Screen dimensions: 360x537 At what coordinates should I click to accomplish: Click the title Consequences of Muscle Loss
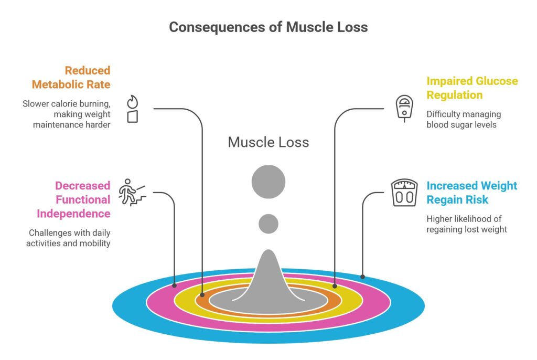tap(268, 27)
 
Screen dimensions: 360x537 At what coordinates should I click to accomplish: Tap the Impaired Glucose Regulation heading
tap(472, 88)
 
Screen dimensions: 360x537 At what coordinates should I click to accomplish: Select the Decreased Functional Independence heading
tap(73, 200)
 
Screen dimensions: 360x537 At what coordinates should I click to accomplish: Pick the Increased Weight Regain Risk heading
tap(471, 193)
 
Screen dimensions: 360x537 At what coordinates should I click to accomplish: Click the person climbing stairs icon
tap(132, 193)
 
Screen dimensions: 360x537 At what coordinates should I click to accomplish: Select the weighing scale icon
tap(404, 193)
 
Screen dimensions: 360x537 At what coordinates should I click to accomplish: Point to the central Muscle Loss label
tap(268, 142)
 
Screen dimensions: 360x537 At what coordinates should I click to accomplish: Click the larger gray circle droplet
tap(268, 182)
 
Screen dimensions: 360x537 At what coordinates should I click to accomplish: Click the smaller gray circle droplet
tap(268, 224)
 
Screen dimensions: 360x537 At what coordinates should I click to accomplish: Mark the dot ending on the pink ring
tap(175, 286)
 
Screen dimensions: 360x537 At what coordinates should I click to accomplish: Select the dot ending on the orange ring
tap(202, 296)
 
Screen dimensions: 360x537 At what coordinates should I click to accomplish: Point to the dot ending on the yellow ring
tap(335, 287)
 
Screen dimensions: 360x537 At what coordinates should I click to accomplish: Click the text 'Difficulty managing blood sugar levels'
tap(463, 119)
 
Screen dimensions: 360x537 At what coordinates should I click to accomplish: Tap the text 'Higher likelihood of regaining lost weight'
tap(466, 224)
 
